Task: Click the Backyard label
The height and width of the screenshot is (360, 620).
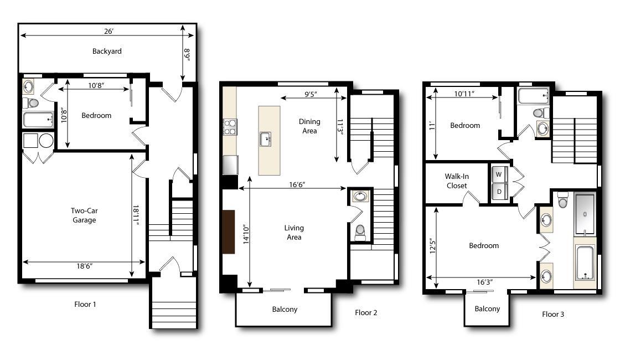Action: pos(107,51)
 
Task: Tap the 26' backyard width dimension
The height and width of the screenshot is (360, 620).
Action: pos(107,32)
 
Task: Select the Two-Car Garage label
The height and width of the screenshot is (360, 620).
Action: pos(84,215)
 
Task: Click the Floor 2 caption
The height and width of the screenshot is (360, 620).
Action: pos(366,312)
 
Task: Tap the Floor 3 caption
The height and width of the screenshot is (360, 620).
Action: pos(553,314)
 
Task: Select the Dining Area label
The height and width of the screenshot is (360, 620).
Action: pos(309,126)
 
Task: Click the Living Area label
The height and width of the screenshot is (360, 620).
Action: pos(294,233)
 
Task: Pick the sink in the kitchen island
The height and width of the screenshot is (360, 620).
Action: pos(265,139)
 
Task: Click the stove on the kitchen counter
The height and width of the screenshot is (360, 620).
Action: pos(230,127)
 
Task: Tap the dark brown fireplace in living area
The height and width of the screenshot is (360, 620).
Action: pos(228,232)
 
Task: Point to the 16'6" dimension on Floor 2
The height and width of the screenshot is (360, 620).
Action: pos(296,184)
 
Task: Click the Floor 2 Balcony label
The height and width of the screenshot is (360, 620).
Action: pos(285,309)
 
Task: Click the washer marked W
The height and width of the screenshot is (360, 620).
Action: pos(499,174)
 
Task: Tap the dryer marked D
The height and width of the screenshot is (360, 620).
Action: pos(499,192)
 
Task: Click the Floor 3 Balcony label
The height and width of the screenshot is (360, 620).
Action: pos(487,308)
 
